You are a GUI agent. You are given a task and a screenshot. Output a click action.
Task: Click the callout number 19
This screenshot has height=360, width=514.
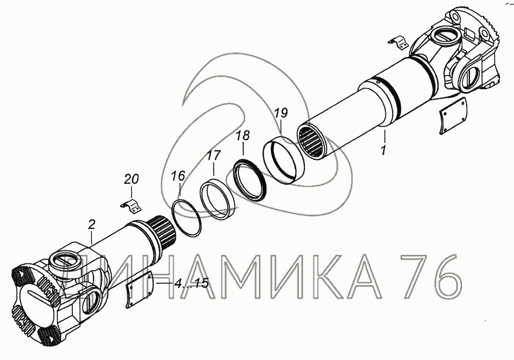point(281,113)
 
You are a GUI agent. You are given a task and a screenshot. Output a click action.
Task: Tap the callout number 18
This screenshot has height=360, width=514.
point(243,135)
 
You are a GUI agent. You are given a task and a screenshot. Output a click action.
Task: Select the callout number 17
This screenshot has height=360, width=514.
point(214,155)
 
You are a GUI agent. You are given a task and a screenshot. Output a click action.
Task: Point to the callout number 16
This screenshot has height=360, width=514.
point(178,175)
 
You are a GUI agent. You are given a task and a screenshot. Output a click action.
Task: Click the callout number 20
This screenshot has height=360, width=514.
point(131,179)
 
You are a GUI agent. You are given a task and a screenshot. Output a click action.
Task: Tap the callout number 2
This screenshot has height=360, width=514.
point(91,225)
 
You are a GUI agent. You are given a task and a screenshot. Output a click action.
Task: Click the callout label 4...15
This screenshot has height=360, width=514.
point(191,283)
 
